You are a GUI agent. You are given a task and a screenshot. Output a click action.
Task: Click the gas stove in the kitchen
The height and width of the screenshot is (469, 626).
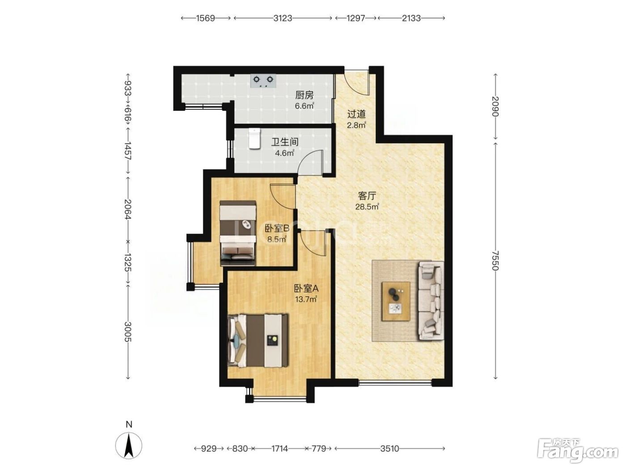(x=263, y=80)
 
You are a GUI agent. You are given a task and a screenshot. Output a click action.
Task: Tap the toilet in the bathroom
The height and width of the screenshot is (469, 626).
(x=254, y=138)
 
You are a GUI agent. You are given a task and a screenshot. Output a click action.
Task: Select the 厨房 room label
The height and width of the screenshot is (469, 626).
(x=305, y=95)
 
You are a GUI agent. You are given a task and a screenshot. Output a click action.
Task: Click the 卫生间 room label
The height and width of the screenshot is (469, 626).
(x=285, y=142)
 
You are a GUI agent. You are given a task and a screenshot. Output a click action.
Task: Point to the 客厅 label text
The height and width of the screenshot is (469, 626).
(x=367, y=196)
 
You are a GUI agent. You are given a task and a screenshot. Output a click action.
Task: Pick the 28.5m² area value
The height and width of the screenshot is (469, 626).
(x=367, y=206)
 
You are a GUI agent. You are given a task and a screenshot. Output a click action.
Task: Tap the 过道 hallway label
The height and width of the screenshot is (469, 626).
(x=356, y=114)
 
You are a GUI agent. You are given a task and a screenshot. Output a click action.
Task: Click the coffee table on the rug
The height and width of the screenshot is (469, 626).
(x=396, y=301)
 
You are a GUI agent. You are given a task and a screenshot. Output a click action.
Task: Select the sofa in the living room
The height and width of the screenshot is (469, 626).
(x=431, y=301)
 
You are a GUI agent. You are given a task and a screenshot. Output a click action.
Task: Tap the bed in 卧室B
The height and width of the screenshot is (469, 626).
(x=237, y=233)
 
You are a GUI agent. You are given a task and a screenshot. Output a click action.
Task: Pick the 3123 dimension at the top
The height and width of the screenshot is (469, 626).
(x=283, y=18)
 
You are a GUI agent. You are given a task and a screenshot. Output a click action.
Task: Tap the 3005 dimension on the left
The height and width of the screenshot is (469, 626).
(x=128, y=332)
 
